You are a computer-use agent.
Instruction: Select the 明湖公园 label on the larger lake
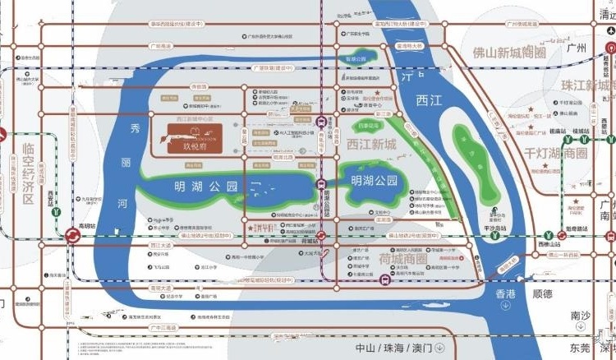click(200, 187)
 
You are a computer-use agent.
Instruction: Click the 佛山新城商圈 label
click(509, 52)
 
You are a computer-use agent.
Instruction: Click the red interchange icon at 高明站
click(71, 237)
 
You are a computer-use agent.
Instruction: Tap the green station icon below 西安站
click(57, 210)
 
